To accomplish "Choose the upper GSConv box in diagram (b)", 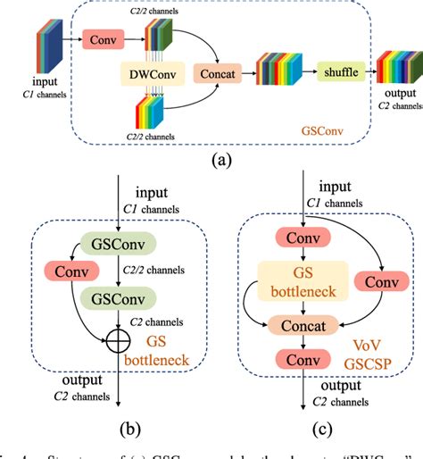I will pos(120,244).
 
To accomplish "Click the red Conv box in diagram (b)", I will pos(60,270).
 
